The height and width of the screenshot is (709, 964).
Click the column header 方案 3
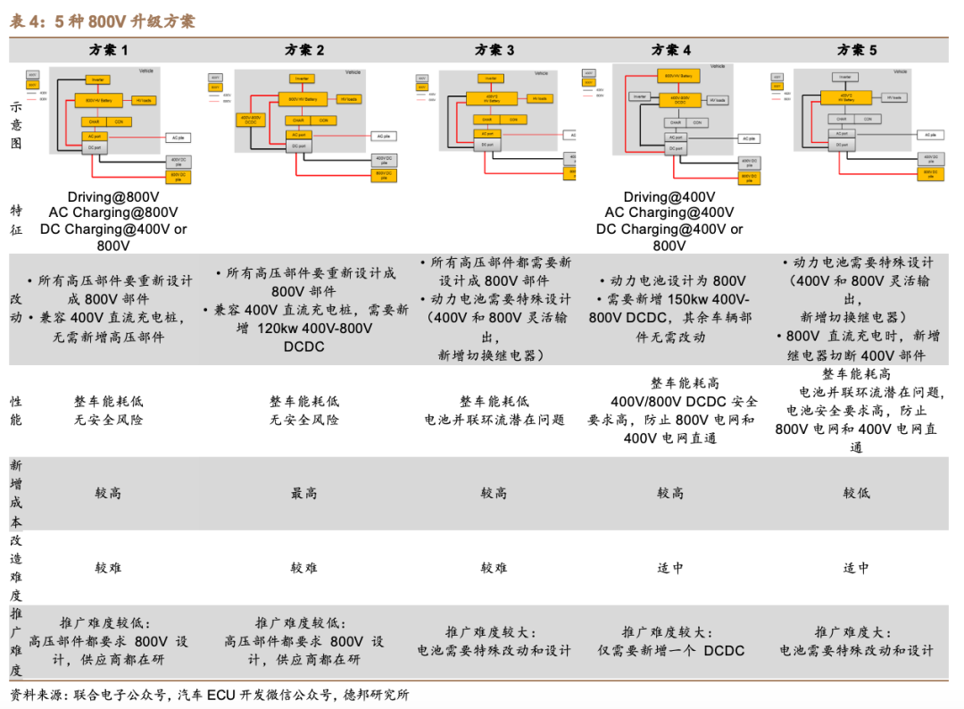[x=494, y=50]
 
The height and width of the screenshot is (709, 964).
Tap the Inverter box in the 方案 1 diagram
[x=96, y=79]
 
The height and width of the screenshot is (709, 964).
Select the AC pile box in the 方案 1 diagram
[x=177, y=137]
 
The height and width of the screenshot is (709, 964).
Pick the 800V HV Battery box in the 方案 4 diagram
[x=678, y=76]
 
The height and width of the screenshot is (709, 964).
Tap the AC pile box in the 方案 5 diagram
[x=930, y=135]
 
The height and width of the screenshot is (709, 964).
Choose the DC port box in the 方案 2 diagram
[x=297, y=146]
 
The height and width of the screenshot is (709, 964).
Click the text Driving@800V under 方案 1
[x=112, y=196]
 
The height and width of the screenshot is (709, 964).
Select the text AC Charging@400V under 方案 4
[x=669, y=213]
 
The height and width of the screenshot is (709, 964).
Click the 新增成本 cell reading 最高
[x=303, y=493]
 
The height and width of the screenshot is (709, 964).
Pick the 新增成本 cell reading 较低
[x=856, y=493]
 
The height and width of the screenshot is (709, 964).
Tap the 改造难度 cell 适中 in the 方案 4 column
[x=669, y=567]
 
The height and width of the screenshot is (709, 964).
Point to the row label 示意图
[x=16, y=124]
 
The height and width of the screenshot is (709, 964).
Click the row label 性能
[x=16, y=411]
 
